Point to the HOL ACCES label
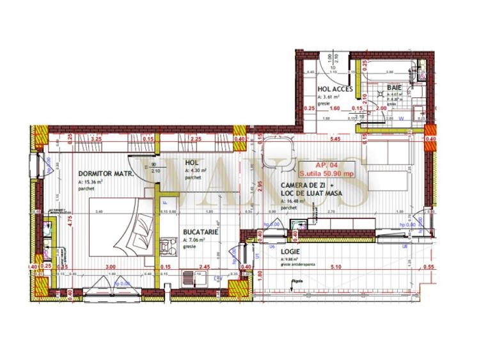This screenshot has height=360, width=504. pyautogui.click(x=335, y=89)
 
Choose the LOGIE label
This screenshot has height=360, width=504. pyautogui.click(x=292, y=251)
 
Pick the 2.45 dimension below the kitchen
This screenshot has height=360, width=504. pyautogui.click(x=205, y=267)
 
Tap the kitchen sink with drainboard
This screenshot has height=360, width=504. pyautogui.click(x=192, y=277)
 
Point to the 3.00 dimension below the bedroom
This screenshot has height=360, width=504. pyautogui.click(x=110, y=267)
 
